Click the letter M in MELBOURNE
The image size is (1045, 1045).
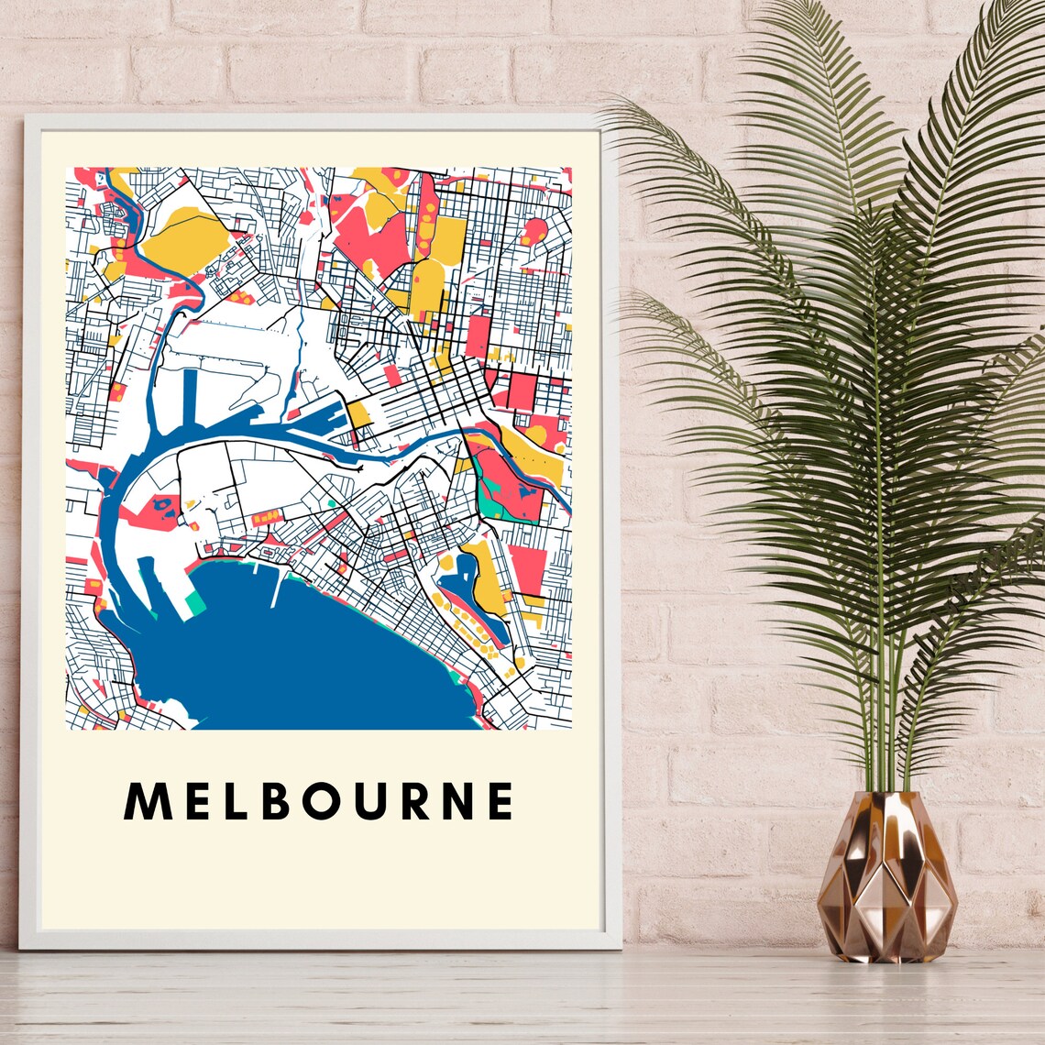[x=146, y=801]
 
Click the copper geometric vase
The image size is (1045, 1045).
[x=885, y=880]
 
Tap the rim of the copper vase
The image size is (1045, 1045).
[x=885, y=794]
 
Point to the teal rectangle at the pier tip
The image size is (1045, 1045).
[x=195, y=602]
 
